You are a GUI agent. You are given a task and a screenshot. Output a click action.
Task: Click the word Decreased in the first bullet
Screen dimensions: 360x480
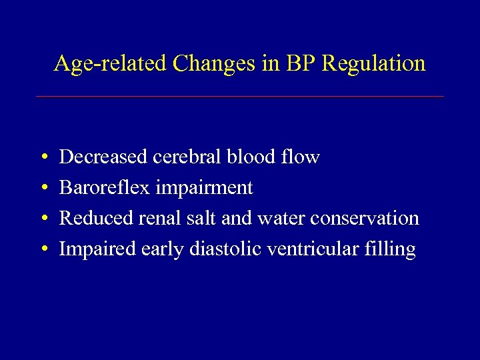tap(103, 157)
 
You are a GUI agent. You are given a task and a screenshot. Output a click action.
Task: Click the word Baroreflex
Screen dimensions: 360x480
tap(105, 188)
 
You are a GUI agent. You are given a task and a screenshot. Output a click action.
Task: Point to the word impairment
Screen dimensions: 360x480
tap(205, 189)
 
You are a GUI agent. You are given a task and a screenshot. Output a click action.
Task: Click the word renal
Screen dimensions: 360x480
tap(157, 219)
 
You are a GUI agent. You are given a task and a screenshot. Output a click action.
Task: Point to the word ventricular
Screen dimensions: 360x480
tap(313, 249)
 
